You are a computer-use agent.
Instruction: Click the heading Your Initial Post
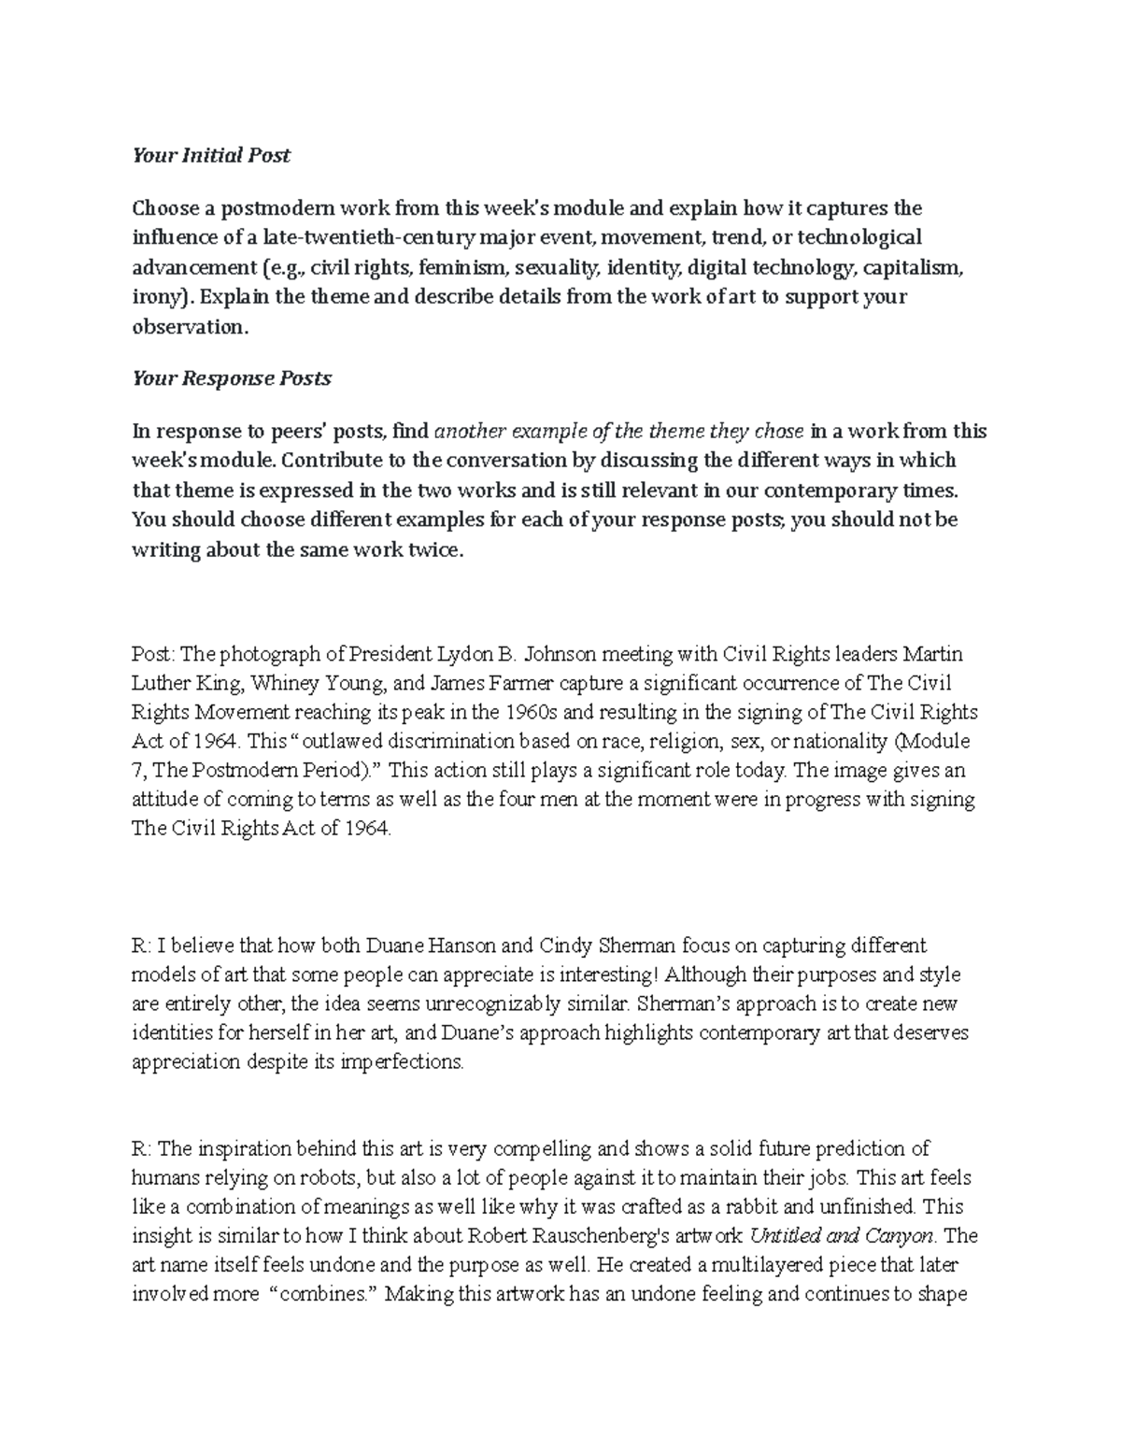211,156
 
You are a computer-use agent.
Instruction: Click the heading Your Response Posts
232,379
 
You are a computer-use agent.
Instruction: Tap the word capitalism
913,268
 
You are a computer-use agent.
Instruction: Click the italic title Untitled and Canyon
842,1237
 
